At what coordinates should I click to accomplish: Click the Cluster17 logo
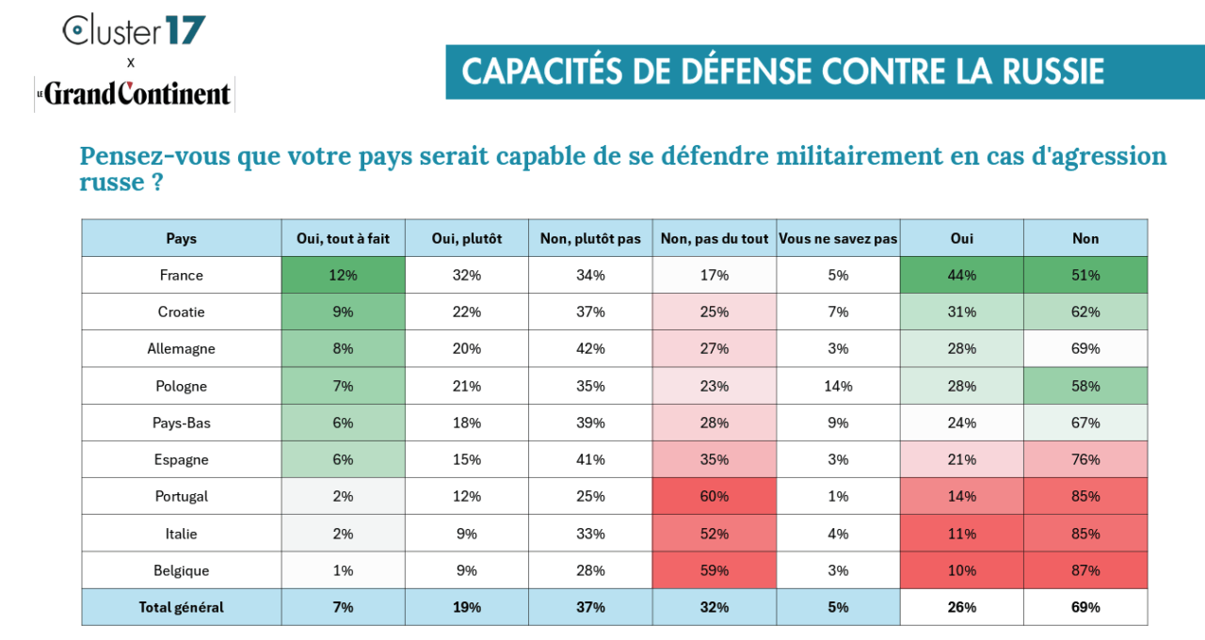(x=134, y=31)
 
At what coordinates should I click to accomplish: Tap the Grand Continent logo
(x=134, y=94)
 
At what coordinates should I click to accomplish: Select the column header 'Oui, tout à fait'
(x=344, y=239)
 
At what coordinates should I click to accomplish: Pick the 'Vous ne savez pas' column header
(x=838, y=239)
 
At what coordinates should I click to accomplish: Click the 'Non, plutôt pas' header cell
(x=590, y=239)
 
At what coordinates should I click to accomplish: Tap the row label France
(x=181, y=276)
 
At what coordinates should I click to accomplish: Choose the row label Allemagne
(x=181, y=349)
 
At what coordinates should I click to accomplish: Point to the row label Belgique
(x=181, y=570)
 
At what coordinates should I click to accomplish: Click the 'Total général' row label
(x=181, y=607)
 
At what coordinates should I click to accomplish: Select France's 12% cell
(x=344, y=276)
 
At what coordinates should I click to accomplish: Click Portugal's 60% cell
(x=715, y=497)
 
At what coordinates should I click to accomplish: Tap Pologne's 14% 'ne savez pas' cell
(x=838, y=386)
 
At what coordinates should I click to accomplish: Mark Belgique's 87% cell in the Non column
(x=1085, y=570)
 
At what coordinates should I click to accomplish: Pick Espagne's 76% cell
(x=1085, y=460)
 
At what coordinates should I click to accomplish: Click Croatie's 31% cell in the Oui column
(x=962, y=312)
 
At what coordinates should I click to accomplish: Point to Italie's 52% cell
(x=715, y=534)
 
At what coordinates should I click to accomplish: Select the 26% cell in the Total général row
(x=962, y=607)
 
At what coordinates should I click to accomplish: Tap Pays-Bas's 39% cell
(x=590, y=424)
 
